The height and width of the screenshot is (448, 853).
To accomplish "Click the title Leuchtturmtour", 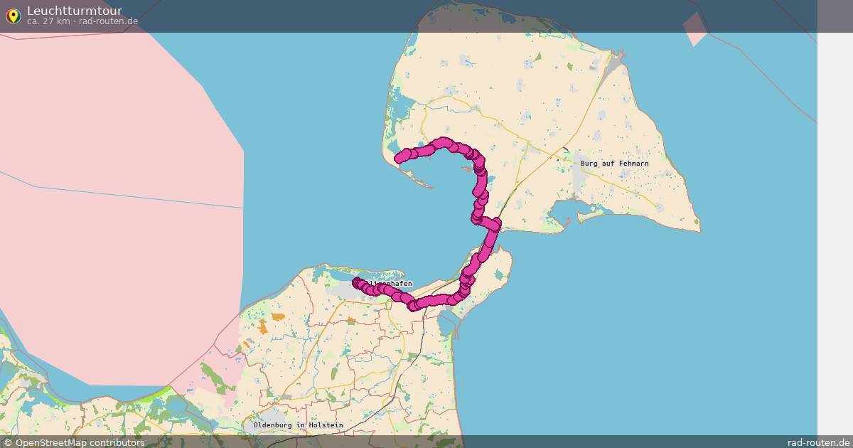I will (74, 11).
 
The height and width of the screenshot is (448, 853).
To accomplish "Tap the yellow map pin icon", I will (13, 16).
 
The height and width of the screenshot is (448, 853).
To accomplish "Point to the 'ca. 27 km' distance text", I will (49, 21).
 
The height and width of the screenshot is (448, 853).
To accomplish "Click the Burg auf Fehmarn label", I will (614, 164).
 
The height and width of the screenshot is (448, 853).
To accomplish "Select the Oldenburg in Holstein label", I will (298, 425).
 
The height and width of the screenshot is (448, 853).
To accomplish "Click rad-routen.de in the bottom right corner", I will (818, 442).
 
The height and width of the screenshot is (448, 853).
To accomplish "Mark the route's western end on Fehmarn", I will (399, 159).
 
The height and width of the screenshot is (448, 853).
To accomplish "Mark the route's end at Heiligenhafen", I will (357, 282).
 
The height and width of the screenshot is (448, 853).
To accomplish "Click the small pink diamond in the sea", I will (695, 28).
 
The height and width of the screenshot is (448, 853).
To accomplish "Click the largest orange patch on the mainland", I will (264, 326).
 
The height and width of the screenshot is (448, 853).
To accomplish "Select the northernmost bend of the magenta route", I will (444, 142).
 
